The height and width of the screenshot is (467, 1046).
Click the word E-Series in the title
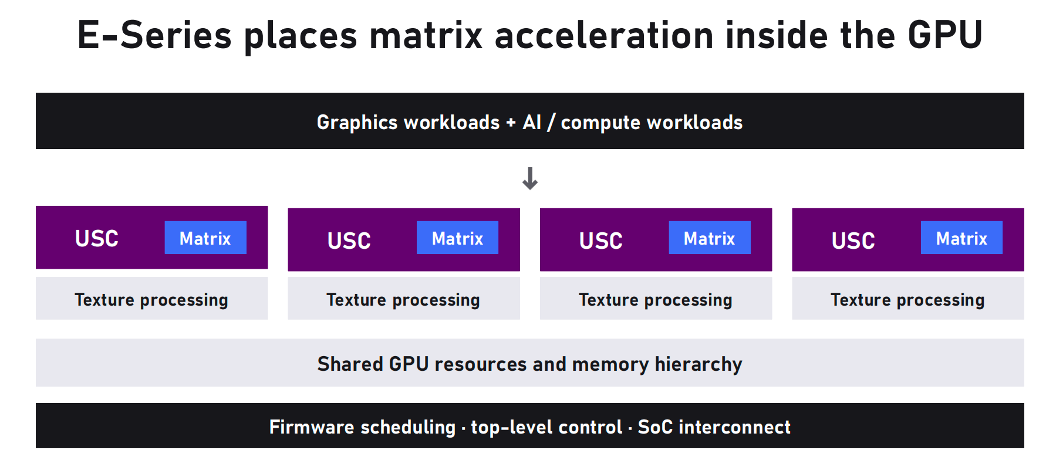click(155, 35)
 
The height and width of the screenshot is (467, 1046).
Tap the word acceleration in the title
click(604, 35)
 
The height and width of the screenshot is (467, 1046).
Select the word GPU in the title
click(945, 35)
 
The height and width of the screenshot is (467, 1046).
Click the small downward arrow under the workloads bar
click(530, 178)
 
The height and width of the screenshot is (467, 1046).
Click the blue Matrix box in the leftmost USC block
click(205, 238)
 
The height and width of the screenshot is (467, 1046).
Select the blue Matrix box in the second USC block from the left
click(457, 238)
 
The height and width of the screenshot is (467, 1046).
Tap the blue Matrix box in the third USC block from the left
click(710, 238)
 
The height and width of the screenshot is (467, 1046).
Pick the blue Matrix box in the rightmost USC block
click(961, 238)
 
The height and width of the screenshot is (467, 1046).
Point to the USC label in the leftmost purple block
click(97, 239)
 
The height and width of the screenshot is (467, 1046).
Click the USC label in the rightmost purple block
click(853, 241)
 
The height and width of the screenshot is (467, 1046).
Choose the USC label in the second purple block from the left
click(349, 241)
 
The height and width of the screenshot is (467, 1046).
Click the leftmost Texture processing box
click(152, 299)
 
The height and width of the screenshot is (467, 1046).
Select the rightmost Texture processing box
click(908, 299)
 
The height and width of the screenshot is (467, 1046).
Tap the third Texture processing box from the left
click(656, 299)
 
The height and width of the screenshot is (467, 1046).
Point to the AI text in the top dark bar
click(532, 122)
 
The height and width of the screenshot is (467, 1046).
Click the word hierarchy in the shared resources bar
click(699, 364)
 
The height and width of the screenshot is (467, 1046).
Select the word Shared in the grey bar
click(350, 364)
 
